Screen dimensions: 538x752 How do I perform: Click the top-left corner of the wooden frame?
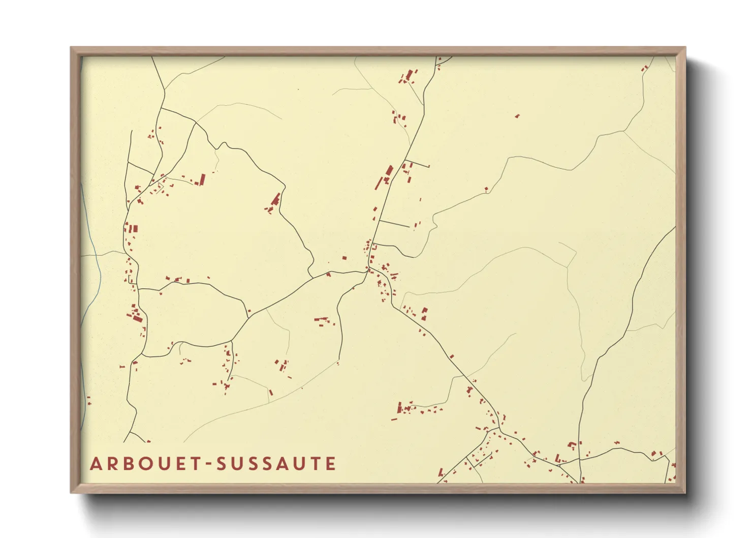coord(71,48)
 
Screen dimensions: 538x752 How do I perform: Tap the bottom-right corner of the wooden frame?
coord(685,493)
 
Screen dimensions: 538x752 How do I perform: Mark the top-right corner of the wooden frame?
coord(685,48)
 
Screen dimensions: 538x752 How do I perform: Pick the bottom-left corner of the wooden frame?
coord(71,493)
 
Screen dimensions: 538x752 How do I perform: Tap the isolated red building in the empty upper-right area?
coord(517,116)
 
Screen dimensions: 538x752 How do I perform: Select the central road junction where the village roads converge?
coord(368,270)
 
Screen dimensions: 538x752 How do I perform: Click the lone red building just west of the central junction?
coord(344,258)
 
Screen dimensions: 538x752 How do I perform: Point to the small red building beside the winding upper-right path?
coord(486,189)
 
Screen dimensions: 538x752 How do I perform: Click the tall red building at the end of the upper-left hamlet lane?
coord(202,180)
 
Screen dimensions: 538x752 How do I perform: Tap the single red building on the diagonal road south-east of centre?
coord(452,356)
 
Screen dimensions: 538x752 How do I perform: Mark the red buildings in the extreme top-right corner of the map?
coord(645,68)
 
